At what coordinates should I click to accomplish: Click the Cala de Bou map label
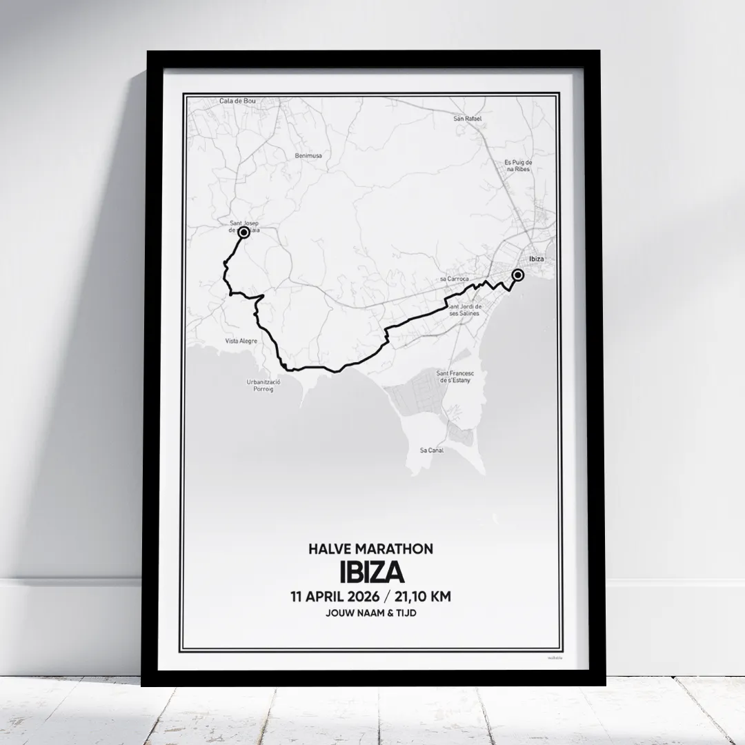click(x=237, y=101)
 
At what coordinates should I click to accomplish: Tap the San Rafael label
click(x=467, y=119)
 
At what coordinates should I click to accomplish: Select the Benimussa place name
click(x=308, y=156)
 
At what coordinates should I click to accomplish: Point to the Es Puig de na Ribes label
click(x=518, y=166)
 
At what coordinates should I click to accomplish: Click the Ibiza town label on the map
click(x=536, y=259)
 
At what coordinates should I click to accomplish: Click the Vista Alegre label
click(x=241, y=341)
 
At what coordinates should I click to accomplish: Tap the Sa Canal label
click(x=432, y=450)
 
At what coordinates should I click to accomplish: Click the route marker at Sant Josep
click(x=243, y=233)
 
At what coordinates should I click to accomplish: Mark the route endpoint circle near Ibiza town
click(x=518, y=275)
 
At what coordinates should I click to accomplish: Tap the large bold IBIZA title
click(x=372, y=572)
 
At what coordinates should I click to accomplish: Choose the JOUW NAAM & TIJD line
click(x=372, y=613)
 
